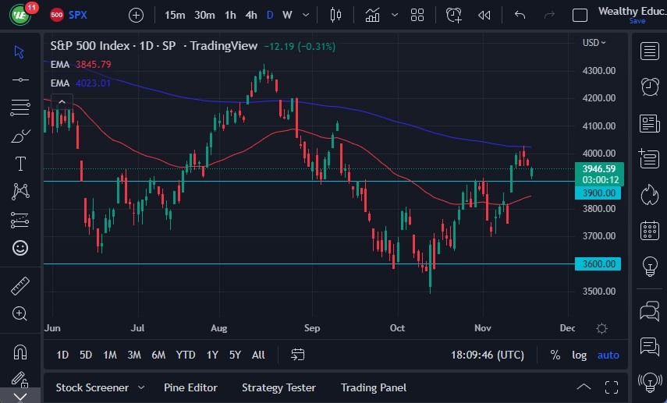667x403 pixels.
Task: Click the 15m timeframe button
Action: (175, 15)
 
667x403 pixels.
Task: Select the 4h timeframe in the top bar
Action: (250, 15)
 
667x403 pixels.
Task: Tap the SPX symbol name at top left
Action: (78, 15)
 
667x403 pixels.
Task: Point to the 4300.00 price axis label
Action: (600, 71)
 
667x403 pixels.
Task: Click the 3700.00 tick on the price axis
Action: (600, 236)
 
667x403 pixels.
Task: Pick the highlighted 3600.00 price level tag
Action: (600, 264)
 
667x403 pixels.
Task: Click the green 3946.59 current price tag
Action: (599, 168)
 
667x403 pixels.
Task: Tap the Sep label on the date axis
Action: (312, 328)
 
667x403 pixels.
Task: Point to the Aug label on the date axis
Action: (218, 328)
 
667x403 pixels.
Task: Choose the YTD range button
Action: (185, 355)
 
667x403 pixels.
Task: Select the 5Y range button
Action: (235, 355)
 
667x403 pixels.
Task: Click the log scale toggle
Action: (579, 355)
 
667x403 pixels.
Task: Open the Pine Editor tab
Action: (190, 387)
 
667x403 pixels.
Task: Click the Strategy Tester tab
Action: (279, 387)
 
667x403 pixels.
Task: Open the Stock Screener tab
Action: (92, 387)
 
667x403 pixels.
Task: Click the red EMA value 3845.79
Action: (93, 64)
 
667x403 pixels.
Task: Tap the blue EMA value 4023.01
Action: (93, 82)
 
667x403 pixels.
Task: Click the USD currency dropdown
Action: (594, 43)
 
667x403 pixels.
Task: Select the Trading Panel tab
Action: (374, 387)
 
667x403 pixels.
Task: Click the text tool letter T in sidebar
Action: (20, 164)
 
